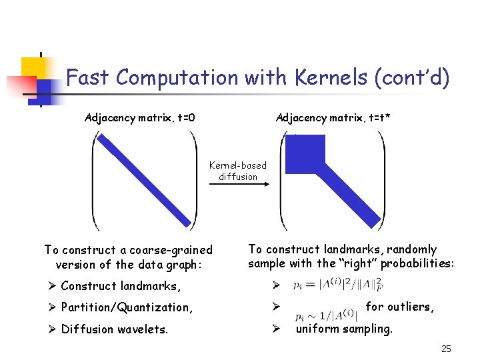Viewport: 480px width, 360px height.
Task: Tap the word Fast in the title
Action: click(88, 78)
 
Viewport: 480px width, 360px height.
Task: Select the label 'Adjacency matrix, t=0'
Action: click(140, 118)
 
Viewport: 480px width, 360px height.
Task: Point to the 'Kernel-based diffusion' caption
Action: click(238, 171)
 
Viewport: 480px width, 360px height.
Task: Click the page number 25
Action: click(446, 349)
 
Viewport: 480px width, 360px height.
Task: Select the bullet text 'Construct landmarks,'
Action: click(120, 286)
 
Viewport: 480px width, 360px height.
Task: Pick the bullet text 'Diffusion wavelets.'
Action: click(114, 329)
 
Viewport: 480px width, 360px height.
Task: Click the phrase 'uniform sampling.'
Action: click(344, 329)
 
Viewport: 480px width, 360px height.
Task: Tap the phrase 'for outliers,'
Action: click(400, 307)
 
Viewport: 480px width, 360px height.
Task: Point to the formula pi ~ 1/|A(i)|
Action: click(326, 315)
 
